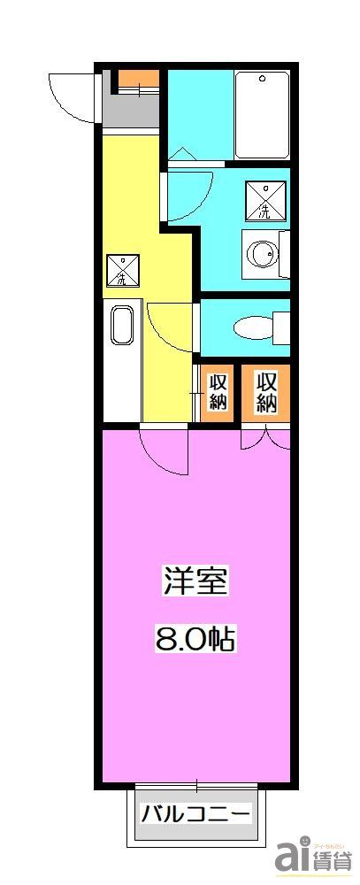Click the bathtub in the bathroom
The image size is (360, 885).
262,115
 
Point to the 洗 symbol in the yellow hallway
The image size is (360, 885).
122,270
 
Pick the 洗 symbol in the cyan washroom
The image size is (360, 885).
264,200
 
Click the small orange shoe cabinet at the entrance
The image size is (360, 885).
138,81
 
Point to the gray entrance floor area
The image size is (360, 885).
130,111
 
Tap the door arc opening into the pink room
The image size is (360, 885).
164,451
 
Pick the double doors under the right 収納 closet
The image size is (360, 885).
265,435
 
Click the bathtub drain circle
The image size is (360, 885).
263,80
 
